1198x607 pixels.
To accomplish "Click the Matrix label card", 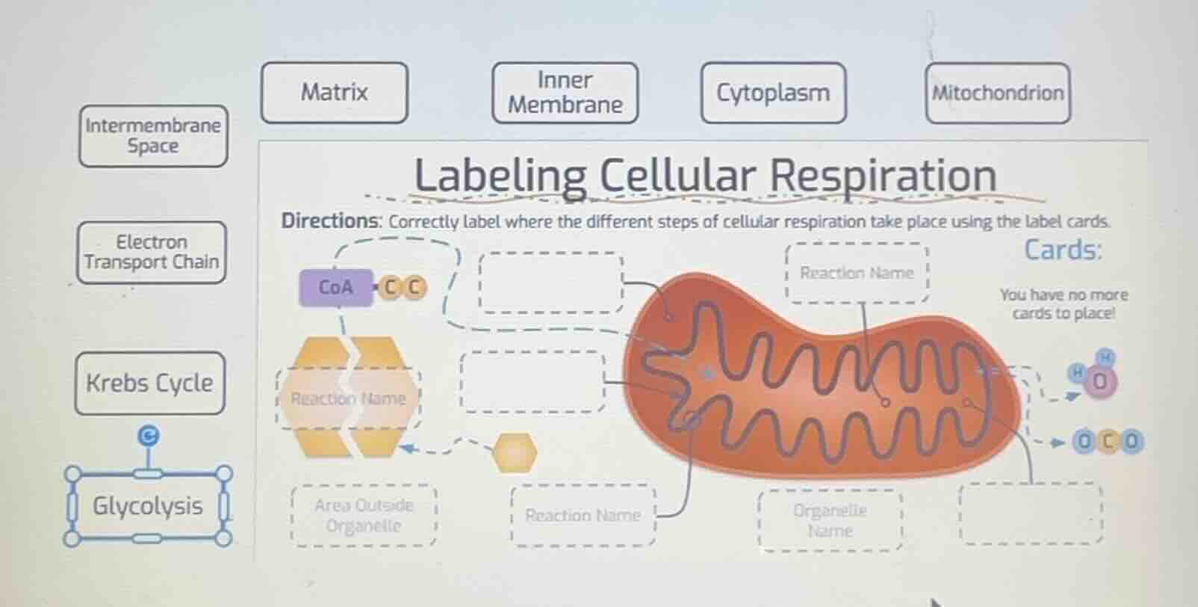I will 334,93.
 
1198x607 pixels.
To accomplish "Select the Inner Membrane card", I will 565,93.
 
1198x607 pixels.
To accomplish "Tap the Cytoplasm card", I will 773,93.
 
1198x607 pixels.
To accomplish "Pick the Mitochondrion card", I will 997,93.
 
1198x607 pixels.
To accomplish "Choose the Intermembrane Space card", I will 152,135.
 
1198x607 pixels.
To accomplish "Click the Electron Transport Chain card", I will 151,252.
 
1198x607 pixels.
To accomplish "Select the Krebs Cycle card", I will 149,383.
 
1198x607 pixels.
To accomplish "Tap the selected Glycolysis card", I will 148,506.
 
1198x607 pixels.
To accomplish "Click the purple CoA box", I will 335,287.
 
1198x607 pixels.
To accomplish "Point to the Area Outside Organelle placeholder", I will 363,515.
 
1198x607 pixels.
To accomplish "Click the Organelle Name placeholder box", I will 830,520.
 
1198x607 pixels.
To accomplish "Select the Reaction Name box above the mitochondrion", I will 857,273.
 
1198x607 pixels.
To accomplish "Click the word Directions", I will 330,221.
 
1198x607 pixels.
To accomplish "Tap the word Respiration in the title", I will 883,176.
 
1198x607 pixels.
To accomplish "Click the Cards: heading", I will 1062,250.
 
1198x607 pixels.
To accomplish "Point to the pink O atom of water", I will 1099,382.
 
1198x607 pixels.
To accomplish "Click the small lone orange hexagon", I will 515,452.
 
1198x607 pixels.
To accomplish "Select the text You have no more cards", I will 1064,303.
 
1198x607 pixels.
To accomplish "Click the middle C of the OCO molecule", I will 1108,442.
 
